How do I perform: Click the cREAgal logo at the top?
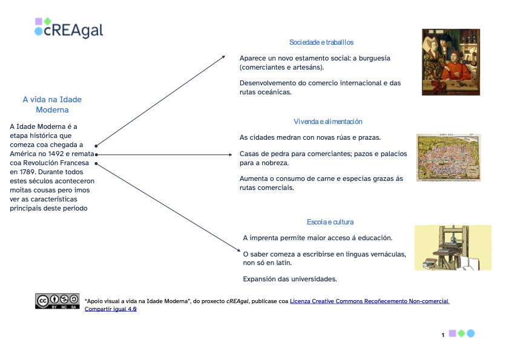[x=68, y=28]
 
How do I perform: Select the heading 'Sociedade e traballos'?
[x=321, y=42]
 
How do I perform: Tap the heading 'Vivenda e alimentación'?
[x=328, y=122]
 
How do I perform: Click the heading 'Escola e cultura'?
[x=330, y=222]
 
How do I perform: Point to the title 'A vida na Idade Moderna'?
[x=52, y=105]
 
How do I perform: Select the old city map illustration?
[x=448, y=157]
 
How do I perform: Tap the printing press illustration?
[x=452, y=247]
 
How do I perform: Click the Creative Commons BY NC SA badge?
[x=57, y=301]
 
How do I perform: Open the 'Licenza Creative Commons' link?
[x=369, y=301]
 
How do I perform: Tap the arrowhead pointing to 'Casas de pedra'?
[x=230, y=154]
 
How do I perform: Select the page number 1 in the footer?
[x=443, y=335]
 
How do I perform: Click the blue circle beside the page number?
[x=471, y=333]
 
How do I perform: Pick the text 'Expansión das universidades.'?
[x=289, y=279]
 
